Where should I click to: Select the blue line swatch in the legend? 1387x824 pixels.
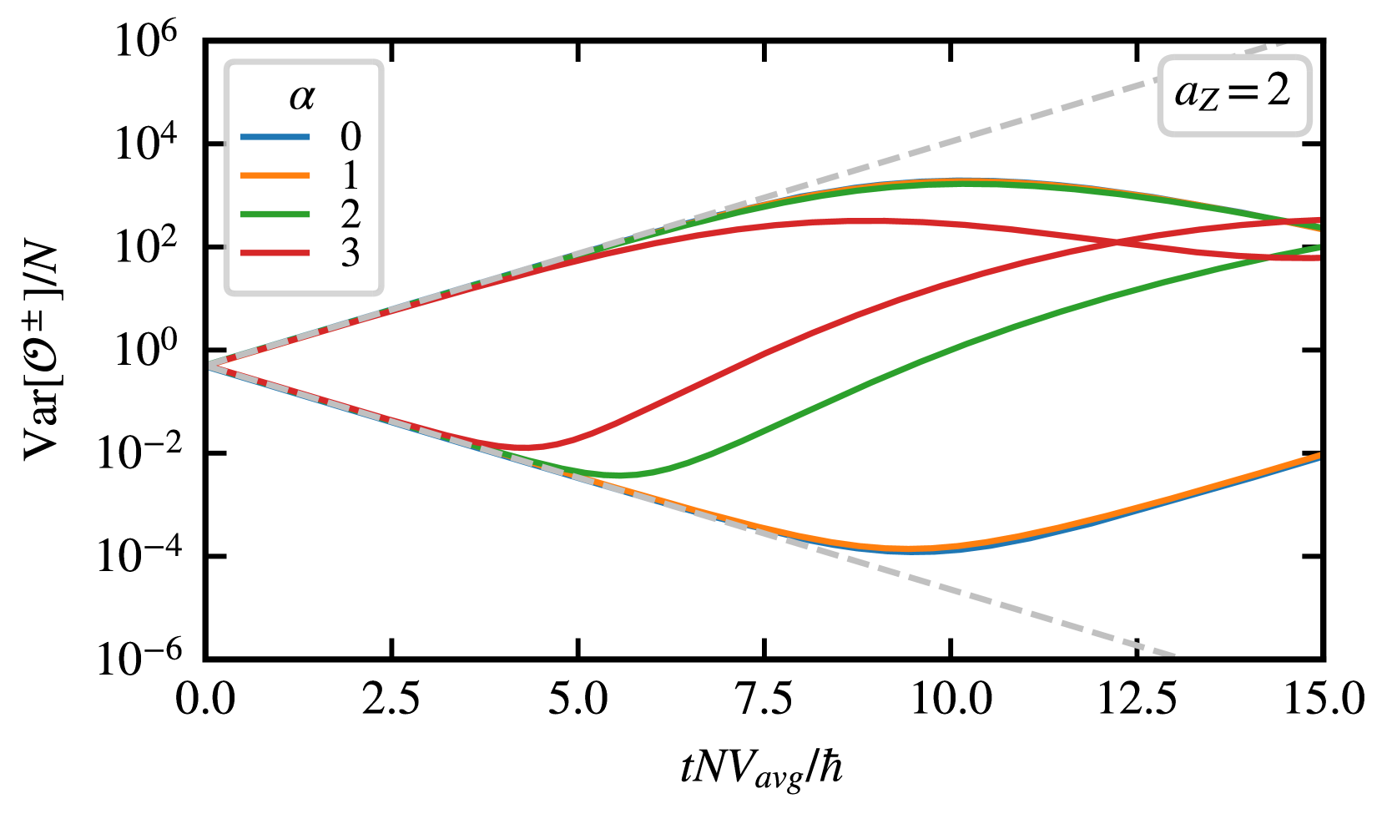(x=275, y=137)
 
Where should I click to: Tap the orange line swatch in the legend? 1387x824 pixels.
(x=275, y=175)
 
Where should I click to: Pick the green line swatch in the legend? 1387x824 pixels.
(x=275, y=215)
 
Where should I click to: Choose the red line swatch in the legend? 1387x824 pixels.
(x=275, y=253)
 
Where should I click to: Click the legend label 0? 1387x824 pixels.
(x=351, y=137)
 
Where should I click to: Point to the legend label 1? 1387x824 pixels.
(x=351, y=175)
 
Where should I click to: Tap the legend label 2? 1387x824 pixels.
(x=351, y=215)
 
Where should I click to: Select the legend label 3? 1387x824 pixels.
(x=351, y=253)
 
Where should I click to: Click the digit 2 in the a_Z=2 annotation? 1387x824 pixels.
(x=1278, y=89)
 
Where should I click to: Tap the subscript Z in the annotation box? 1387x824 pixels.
(x=1209, y=102)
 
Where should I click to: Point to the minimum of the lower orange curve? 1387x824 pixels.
(x=910, y=548)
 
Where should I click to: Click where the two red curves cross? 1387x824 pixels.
(x=1116, y=243)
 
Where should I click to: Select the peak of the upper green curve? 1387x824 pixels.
(x=960, y=184)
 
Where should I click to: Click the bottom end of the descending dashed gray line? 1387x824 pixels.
(x=1173, y=654)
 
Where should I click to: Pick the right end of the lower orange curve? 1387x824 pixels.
(x=1319, y=456)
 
